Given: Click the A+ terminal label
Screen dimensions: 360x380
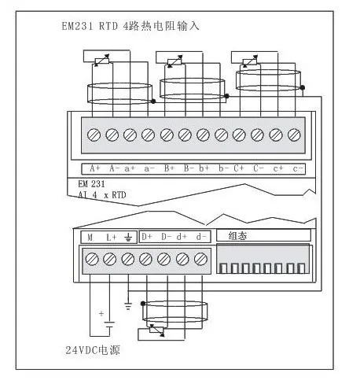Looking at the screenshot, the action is click(95, 168).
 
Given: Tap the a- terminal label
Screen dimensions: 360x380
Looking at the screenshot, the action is click(149, 168).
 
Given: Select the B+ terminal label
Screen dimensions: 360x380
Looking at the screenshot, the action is click(169, 168).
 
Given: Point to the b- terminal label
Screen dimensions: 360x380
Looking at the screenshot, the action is click(224, 168).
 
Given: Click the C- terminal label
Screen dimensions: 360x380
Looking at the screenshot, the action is click(259, 168).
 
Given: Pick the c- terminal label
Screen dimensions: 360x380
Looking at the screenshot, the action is click(298, 168).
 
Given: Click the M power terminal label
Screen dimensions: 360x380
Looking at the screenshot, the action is click(90, 238).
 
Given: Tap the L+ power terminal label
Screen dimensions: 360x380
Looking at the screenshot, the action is click(112, 238).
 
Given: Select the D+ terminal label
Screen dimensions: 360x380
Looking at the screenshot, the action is click(147, 237).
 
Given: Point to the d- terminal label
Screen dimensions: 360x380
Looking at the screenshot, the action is click(201, 237).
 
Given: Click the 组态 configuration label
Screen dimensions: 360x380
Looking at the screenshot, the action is click(237, 235).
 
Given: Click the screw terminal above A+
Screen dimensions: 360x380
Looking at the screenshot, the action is click(94, 135).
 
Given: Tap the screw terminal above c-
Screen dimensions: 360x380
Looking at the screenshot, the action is click(294, 135).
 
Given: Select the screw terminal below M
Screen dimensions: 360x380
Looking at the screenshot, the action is click(92, 259).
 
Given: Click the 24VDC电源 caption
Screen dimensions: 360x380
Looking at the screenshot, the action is click(93, 350).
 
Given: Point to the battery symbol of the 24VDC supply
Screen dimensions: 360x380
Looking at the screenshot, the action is click(109, 324).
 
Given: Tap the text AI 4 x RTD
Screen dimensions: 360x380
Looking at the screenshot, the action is click(102, 195).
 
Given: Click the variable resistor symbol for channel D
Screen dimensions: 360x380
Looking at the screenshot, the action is click(156, 330).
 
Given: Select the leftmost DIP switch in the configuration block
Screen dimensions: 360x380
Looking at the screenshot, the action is click(223, 268).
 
